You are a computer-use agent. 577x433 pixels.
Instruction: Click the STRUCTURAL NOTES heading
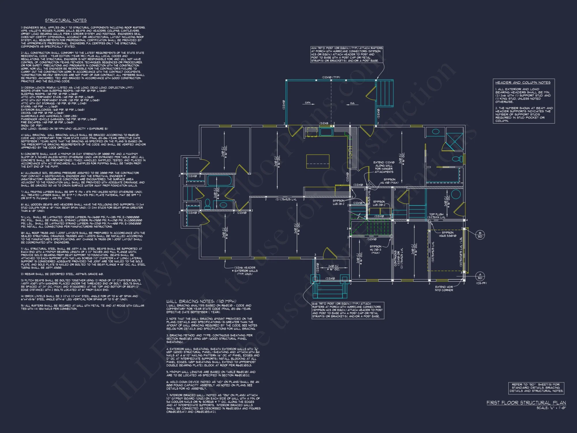point(66,20)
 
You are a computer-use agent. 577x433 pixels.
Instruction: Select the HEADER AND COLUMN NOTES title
point(523,83)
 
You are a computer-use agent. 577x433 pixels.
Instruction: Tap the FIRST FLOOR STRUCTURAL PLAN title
point(526,403)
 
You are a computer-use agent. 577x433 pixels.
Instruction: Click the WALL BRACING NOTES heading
point(201,301)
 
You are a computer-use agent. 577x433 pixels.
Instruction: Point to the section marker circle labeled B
point(480,235)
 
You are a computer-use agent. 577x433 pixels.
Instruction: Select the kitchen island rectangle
point(318,161)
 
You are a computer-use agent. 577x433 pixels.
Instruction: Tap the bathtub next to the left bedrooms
point(220,181)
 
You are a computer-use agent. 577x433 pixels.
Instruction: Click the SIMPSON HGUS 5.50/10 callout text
point(447,234)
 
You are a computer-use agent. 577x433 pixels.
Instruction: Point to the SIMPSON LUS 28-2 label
point(338,202)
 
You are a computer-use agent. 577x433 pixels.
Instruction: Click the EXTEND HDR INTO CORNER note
point(444,288)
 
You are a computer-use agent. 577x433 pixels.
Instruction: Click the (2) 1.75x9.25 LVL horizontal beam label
point(286,199)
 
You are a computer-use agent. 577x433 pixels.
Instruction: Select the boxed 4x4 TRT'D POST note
point(347,54)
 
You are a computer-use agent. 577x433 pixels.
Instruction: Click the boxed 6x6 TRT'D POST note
point(348,310)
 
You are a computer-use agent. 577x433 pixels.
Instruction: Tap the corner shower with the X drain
point(455,141)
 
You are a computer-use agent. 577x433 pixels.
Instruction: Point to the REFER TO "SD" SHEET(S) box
point(536,388)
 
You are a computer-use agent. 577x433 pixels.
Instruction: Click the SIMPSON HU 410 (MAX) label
point(389,181)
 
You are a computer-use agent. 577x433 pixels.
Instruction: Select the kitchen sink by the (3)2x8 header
point(326,132)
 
